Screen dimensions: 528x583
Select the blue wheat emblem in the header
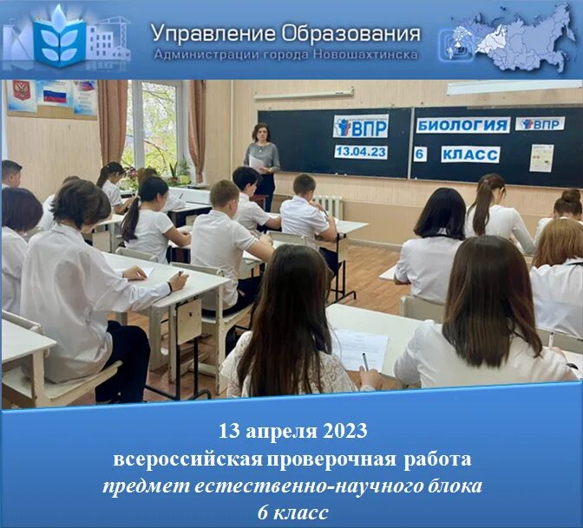pos(60,39)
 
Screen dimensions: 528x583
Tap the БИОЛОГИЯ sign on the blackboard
pos(462,125)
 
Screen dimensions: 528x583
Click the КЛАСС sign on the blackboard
pos(469,154)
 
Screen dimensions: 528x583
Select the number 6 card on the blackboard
pos(420,154)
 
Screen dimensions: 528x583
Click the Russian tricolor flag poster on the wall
pos(54,94)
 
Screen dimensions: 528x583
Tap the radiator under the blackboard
pos(328,206)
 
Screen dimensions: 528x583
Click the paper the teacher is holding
pos(257,161)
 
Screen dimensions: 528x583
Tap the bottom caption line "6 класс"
pos(291,512)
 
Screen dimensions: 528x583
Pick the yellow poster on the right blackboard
pos(541,157)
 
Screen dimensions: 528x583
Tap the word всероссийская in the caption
pos(174,457)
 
